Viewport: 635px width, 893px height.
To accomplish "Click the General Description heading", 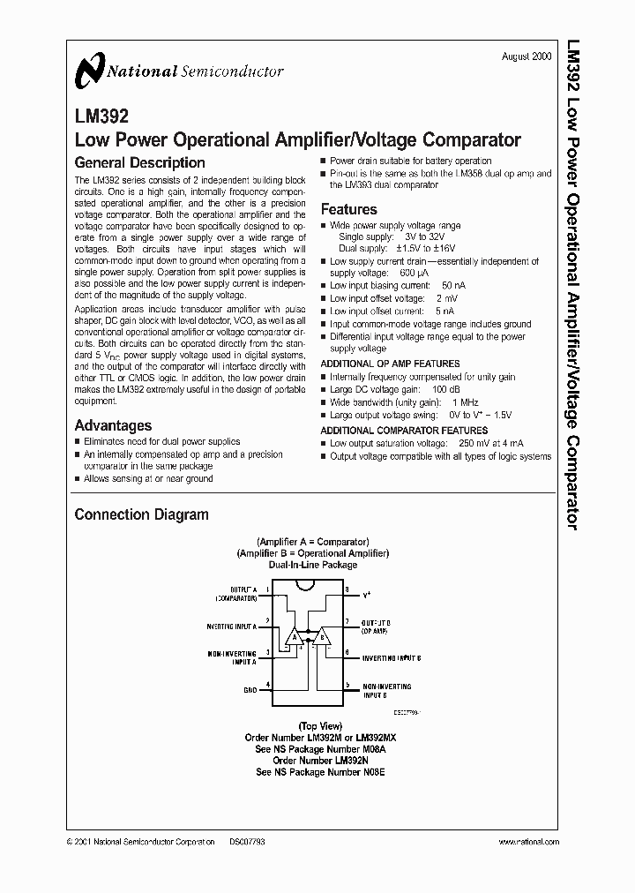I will (139, 162).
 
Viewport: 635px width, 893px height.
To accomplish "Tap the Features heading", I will (348, 209).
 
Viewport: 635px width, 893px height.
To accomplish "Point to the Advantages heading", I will (113, 425).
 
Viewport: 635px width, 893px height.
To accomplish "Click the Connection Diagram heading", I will (141, 514).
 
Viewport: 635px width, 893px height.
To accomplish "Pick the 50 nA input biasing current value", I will (453, 286).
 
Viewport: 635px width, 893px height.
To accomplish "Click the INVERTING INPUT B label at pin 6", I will (391, 657).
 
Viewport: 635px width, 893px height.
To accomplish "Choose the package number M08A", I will (368, 748).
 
